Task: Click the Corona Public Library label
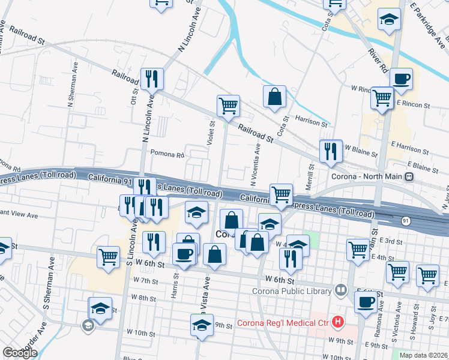point(295,291)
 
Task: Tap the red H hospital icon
point(338,323)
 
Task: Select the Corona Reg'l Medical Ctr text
point(284,323)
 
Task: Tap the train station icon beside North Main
point(409,177)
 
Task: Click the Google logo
point(20,353)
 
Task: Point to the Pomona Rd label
point(167,154)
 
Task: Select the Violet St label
point(211,132)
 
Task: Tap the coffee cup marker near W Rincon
point(401,78)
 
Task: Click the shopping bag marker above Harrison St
point(274,97)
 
